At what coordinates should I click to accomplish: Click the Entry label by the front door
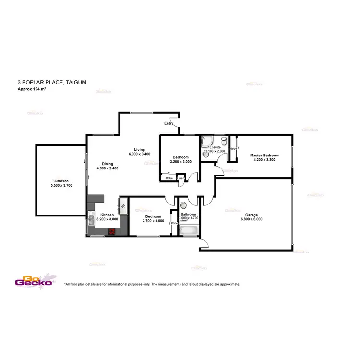pyautogui.click(x=168, y=124)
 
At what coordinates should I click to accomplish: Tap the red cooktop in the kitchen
pyautogui.click(x=112, y=231)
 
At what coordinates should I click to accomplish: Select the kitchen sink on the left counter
pyautogui.click(x=90, y=221)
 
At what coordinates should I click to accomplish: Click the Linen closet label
pyautogui.click(x=180, y=179)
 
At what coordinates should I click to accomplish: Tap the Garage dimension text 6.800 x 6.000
pyautogui.click(x=252, y=219)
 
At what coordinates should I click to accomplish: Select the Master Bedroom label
pyautogui.click(x=264, y=156)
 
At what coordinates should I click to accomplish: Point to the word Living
pyautogui.click(x=140, y=149)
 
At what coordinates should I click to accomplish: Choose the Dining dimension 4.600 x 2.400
pyautogui.click(x=108, y=168)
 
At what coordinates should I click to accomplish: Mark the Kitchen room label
pyautogui.click(x=107, y=215)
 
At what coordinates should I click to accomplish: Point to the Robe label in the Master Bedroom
pyautogui.click(x=233, y=149)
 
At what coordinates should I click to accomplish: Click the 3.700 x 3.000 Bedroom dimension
pyautogui.click(x=155, y=221)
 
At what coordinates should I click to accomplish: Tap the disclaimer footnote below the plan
pyautogui.click(x=152, y=284)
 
